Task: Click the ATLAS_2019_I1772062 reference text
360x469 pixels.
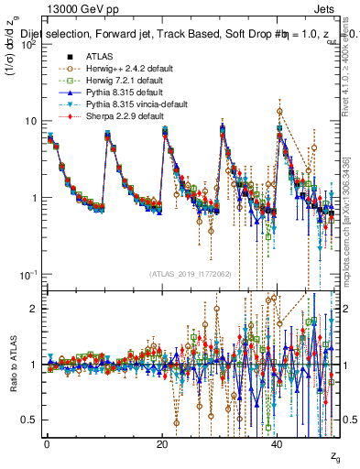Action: tap(191, 274)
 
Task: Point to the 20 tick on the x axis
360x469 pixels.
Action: tap(163, 443)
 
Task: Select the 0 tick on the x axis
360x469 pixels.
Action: tap(48, 443)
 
